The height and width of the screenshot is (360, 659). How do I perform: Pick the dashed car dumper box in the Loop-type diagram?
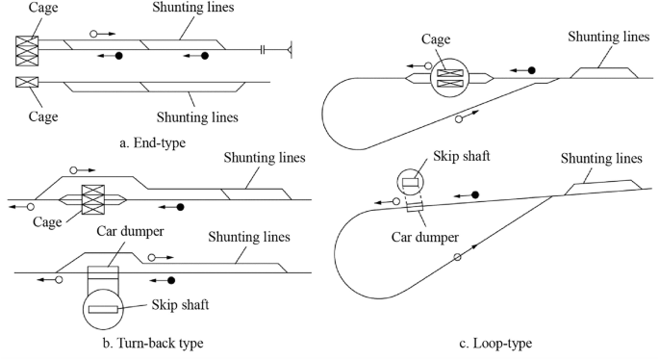415,207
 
